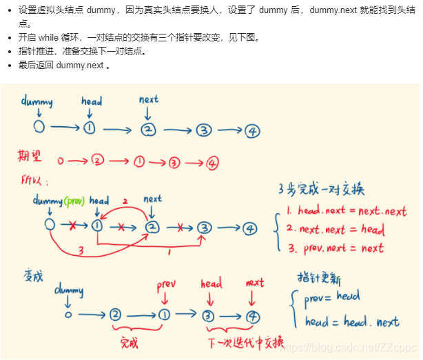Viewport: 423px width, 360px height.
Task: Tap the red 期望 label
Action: point(32,156)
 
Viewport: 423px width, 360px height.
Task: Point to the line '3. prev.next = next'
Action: point(335,248)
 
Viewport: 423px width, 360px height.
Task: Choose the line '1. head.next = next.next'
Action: point(347,211)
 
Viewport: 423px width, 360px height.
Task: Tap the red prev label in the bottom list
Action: point(166,285)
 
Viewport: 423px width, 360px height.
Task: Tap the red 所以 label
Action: point(32,181)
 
